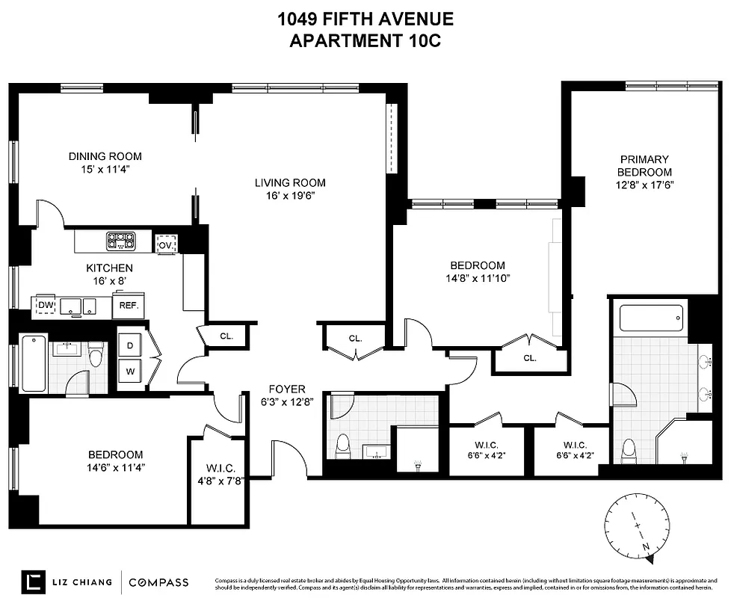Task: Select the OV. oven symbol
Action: [166, 244]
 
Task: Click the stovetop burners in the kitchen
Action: [120, 241]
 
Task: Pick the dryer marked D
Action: [129, 346]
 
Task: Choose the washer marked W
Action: [129, 370]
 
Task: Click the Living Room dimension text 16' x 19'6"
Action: [290, 197]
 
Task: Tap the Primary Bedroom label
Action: [644, 165]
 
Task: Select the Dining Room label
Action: [105, 156]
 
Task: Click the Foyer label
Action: [288, 389]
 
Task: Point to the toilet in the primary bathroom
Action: [629, 450]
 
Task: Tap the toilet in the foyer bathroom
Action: [342, 446]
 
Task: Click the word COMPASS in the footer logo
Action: [158, 582]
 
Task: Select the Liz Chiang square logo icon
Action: [32, 582]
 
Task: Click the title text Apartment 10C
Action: [365, 41]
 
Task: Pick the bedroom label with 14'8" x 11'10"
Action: [477, 265]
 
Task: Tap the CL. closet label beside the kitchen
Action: [226, 336]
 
